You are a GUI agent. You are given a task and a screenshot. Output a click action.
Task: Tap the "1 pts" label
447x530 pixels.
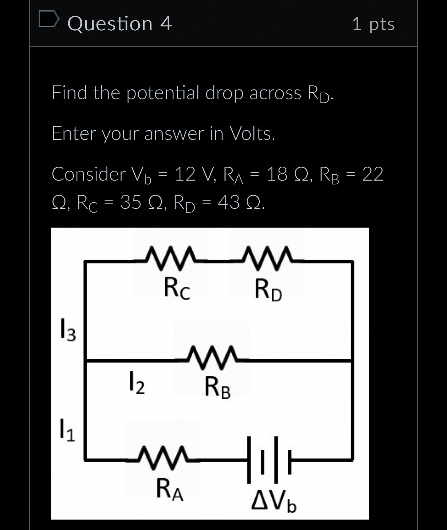point(373,24)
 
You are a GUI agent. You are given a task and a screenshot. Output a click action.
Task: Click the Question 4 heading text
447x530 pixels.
point(119,24)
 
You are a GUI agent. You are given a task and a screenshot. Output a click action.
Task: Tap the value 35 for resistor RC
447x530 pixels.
point(131,202)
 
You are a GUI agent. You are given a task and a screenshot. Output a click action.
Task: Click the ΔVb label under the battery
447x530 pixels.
point(274,500)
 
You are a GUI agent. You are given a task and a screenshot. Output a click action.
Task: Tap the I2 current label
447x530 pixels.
point(137,383)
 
